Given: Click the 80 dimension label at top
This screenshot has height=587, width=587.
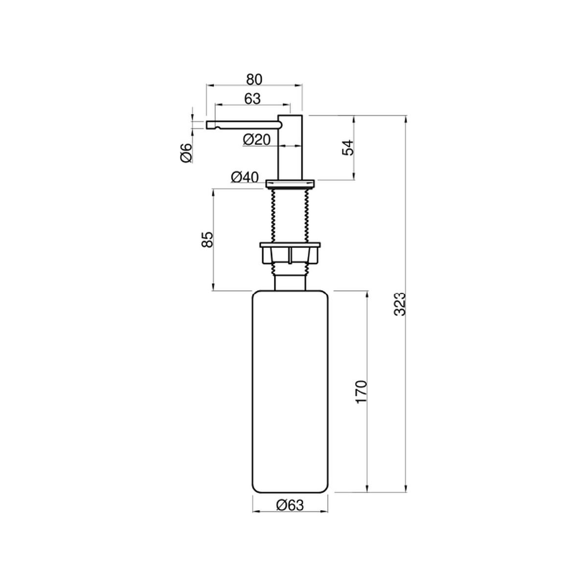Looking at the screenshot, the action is click(254, 79).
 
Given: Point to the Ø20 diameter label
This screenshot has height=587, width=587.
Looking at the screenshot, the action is click(257, 140).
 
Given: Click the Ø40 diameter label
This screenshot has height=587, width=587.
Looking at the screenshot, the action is click(245, 177).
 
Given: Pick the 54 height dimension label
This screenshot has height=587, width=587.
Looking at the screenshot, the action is click(348, 147).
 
